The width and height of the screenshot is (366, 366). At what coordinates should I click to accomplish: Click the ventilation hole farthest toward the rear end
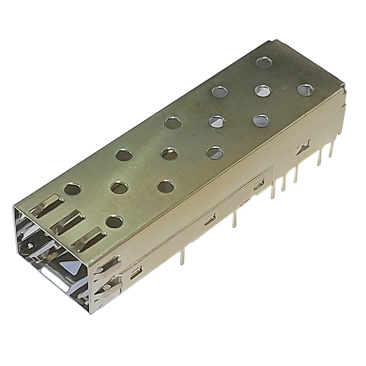pyautogui.click(x=264, y=62)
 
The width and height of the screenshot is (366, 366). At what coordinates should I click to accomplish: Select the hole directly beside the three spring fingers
pyautogui.click(x=114, y=222)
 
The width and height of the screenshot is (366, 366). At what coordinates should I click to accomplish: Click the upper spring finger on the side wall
pyautogui.click(x=108, y=266)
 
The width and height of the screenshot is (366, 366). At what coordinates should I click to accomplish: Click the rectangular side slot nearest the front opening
pyautogui.click(x=135, y=274)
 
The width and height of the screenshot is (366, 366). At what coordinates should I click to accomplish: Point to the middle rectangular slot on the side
pyautogui.click(x=210, y=219)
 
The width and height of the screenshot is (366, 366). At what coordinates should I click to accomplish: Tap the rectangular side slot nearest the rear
pyautogui.click(x=258, y=184)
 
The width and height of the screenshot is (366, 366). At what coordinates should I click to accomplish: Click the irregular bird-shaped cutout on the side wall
pyautogui.click(x=301, y=149)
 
